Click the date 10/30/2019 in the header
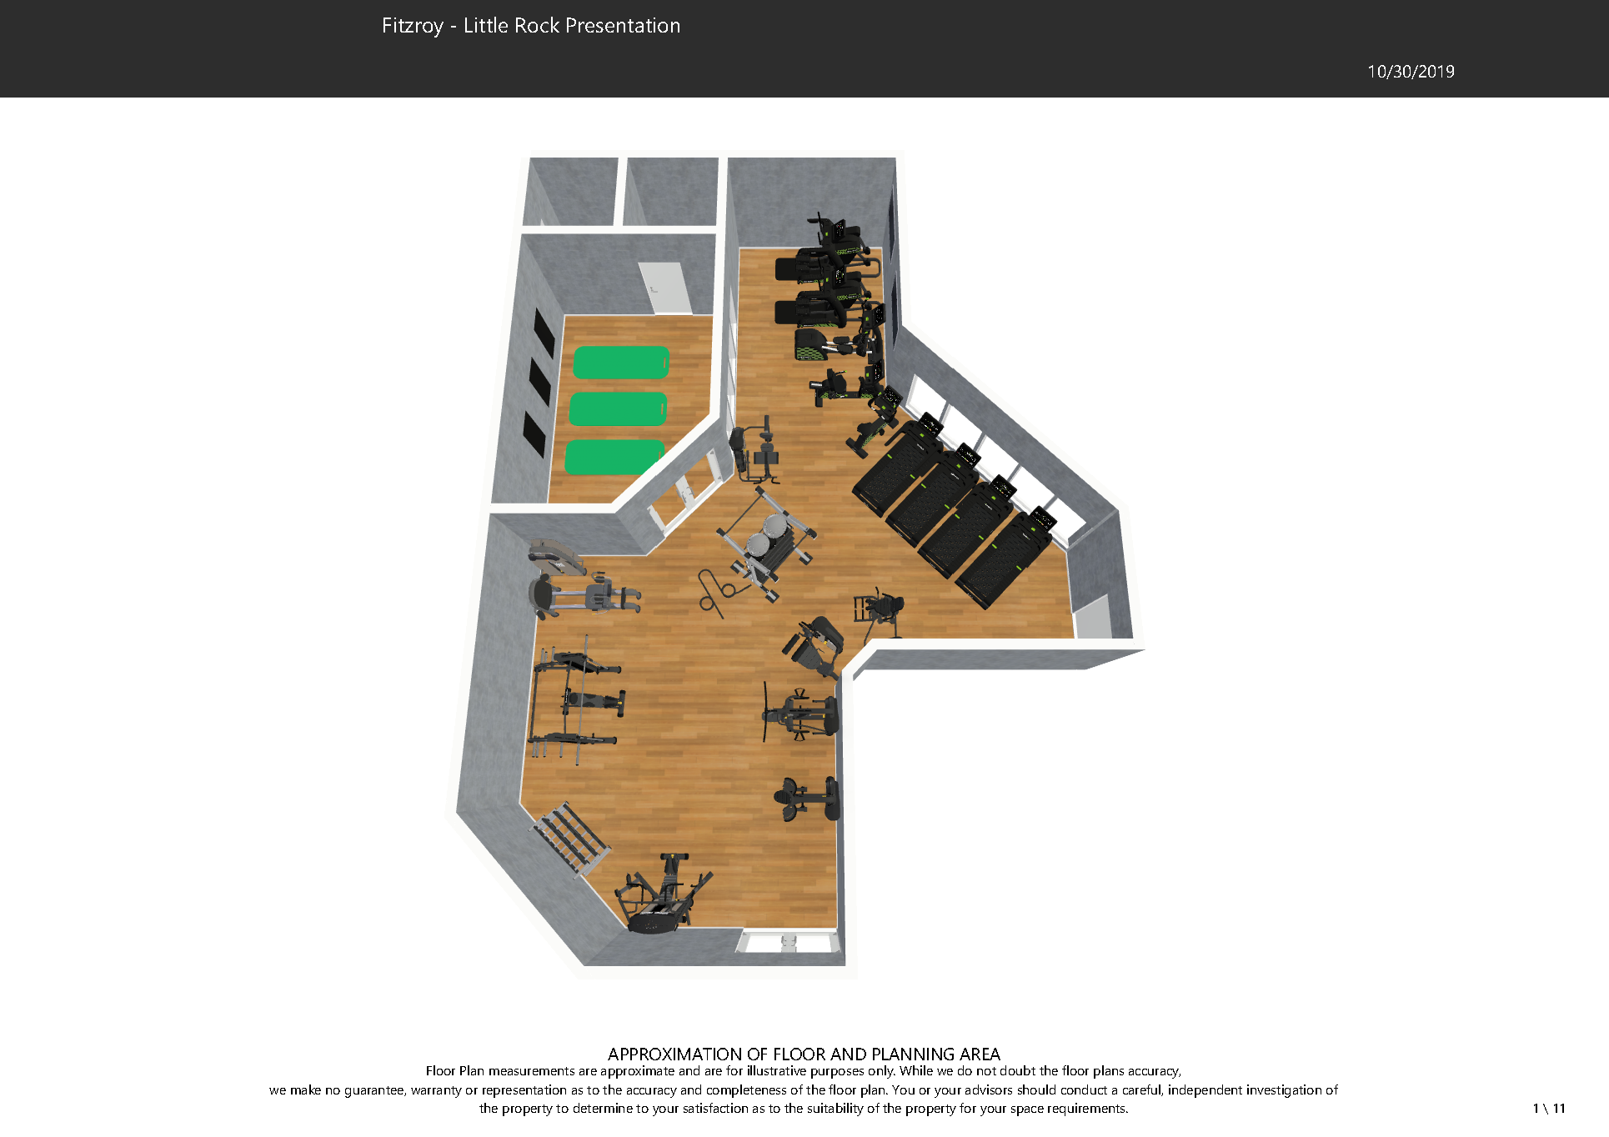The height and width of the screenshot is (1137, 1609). tap(1411, 72)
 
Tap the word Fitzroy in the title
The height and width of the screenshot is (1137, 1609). tap(413, 26)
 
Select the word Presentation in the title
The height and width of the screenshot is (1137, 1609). tap(623, 26)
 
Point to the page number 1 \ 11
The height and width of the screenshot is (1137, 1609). tap(1549, 1109)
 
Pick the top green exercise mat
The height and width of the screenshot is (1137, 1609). tap(622, 363)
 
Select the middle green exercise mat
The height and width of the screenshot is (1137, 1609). tap(619, 409)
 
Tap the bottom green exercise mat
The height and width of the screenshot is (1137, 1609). tap(614, 458)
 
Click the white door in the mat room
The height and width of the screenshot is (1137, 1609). tap(664, 288)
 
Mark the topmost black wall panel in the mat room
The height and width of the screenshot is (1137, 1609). tap(544, 333)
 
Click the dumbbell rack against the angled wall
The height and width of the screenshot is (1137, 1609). tap(572, 839)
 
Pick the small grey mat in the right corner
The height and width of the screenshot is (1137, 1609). tap(1093, 618)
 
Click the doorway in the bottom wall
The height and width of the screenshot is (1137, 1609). tap(788, 943)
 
